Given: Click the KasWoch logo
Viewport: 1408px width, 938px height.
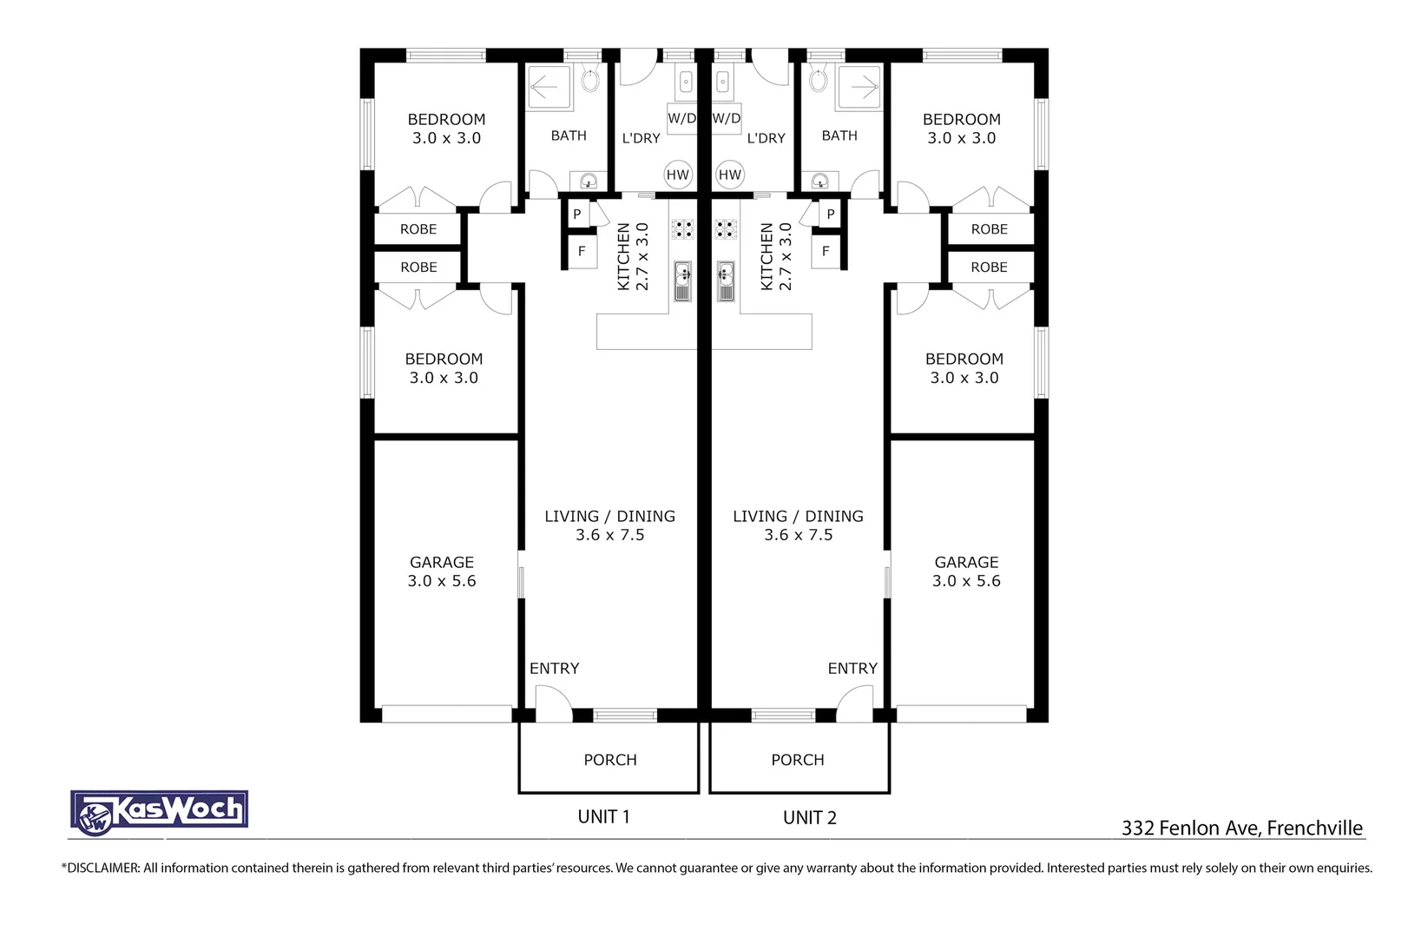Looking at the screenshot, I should (160, 812).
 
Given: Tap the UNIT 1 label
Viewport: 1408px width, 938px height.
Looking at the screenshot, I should (603, 817).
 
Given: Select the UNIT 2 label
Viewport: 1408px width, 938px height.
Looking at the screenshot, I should (809, 818).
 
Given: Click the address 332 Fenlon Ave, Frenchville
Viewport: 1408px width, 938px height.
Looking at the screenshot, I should (1241, 828).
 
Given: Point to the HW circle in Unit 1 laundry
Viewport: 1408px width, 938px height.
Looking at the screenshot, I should (677, 175).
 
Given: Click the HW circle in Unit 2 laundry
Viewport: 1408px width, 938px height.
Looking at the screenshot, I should (730, 175).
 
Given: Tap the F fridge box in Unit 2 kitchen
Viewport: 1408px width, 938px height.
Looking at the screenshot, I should (826, 252).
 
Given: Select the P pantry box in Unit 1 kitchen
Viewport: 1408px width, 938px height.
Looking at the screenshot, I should (577, 214).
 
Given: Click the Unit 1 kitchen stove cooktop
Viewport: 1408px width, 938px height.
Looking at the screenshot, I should (682, 229).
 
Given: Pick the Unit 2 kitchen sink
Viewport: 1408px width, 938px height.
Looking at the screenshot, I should (726, 281).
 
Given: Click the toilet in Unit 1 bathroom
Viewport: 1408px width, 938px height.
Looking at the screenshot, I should (590, 81).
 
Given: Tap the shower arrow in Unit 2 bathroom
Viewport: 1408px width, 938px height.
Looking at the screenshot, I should (862, 87).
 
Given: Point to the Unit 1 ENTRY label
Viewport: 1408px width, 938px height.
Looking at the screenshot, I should (554, 669).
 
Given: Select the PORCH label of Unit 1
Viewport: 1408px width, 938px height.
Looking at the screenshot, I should (609, 760).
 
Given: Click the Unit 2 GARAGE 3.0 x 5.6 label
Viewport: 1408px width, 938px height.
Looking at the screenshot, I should (966, 571).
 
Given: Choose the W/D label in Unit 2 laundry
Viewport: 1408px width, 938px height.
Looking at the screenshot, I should (727, 118).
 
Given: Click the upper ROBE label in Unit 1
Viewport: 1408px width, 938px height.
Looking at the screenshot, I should (418, 229).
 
